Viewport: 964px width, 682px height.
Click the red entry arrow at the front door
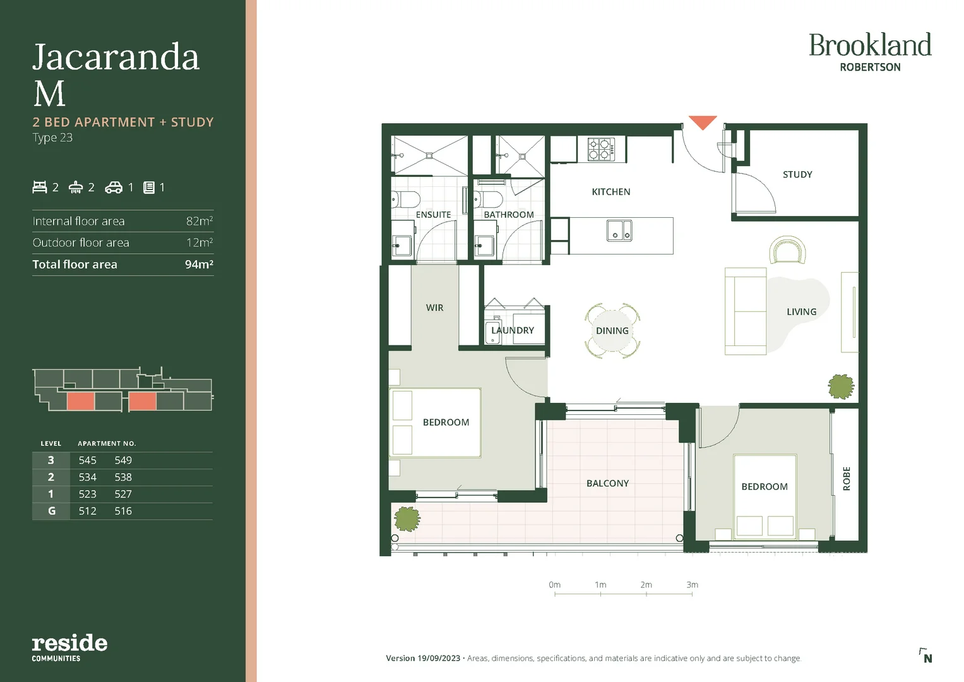click(x=702, y=122)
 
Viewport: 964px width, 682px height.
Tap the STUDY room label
click(x=797, y=174)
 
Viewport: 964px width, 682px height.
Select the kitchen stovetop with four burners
click(x=601, y=150)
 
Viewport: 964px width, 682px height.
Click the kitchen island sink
click(x=619, y=230)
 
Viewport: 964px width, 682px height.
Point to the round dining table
click(x=612, y=331)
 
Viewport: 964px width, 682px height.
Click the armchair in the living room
click(x=787, y=251)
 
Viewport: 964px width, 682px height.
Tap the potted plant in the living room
click(x=841, y=386)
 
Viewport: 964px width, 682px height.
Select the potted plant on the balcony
click(x=407, y=519)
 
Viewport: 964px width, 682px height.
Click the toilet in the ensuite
click(x=405, y=200)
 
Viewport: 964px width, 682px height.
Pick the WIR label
click(x=434, y=308)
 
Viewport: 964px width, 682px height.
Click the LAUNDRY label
click(x=513, y=330)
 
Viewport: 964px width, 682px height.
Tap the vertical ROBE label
click(x=847, y=478)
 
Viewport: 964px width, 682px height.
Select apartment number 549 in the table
click(x=123, y=460)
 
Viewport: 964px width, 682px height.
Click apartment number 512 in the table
click(x=88, y=511)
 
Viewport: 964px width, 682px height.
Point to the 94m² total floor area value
click(x=199, y=265)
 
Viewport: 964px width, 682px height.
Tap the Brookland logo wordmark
click(x=870, y=45)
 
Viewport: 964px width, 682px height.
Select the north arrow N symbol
click(x=926, y=656)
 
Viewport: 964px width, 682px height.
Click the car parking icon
click(x=114, y=187)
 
